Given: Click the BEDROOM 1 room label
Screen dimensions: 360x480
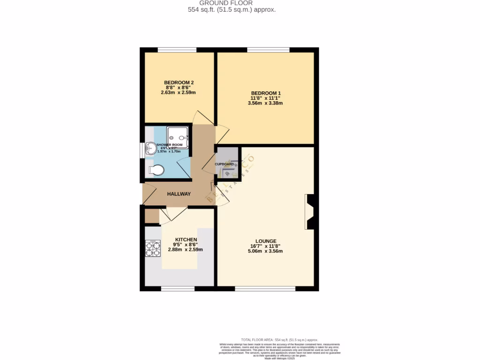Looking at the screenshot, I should coord(265,93).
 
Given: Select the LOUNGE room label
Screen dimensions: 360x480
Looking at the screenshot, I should coord(265,241).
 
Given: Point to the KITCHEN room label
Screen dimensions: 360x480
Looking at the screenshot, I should coord(186,239).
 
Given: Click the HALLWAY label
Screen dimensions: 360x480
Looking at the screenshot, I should coord(179,194).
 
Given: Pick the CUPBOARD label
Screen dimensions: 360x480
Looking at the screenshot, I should coord(225,165).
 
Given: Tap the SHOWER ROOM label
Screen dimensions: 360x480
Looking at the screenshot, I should coord(169,145).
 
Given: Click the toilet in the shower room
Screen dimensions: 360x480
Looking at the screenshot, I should coord(156,170).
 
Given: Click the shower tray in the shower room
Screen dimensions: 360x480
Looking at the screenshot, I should coord(178,136).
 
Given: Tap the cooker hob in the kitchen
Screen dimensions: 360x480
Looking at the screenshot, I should coord(153,249).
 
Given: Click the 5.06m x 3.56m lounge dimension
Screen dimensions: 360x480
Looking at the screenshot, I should coord(265,251).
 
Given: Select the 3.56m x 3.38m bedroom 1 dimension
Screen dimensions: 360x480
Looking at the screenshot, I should coord(265,104).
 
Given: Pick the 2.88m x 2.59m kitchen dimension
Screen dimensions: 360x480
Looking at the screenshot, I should coord(186,250).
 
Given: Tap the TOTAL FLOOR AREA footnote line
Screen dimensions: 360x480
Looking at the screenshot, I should coord(279,339).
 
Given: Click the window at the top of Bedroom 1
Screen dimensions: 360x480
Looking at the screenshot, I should coord(268,50).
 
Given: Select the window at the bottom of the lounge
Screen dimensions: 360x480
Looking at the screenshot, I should coord(265,289).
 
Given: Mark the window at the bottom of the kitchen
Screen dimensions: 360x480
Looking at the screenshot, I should coord(178,289).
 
